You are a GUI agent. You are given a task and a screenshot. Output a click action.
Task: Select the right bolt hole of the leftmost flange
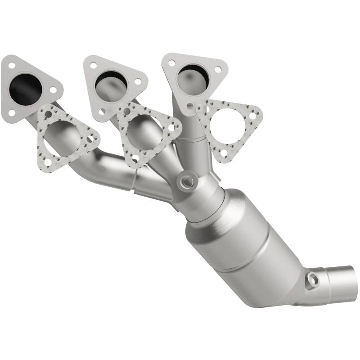pyautogui.click(x=53, y=90)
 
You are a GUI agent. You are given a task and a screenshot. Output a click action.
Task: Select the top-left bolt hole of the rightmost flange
pyautogui.click(x=171, y=63)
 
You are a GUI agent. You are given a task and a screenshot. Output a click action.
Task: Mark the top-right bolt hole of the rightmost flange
pyautogui.click(x=218, y=70)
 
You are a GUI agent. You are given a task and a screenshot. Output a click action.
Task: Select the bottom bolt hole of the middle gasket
pyautogui.click(x=134, y=158)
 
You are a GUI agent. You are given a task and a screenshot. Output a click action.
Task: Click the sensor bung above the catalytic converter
pyautogui.click(x=186, y=180)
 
